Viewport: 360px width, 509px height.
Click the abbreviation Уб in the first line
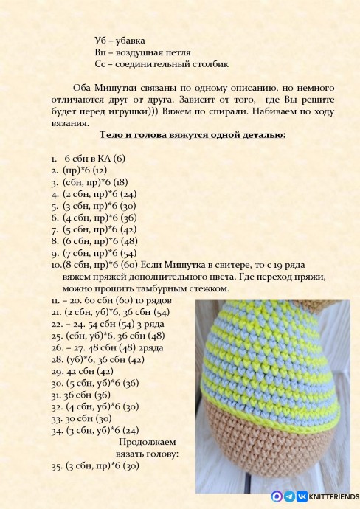102,39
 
